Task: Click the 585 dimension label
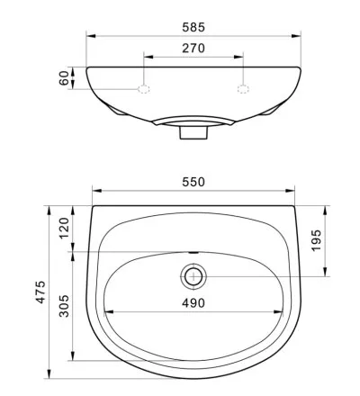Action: point(193,27)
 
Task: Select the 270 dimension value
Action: point(193,48)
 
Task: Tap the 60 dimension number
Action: point(64,78)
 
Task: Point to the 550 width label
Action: point(193,182)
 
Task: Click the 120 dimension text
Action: point(64,228)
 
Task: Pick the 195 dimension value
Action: point(316,240)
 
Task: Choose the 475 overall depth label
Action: point(40,292)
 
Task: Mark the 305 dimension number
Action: point(64,306)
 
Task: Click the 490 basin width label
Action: point(193,303)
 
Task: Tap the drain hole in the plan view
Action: point(193,276)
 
